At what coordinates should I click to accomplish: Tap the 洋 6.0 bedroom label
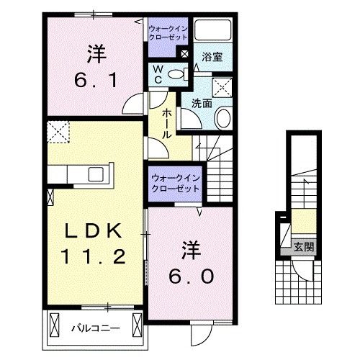coord(191,264)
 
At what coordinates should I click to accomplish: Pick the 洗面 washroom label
coord(202,102)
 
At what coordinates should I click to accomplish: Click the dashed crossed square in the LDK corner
coord(56,132)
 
